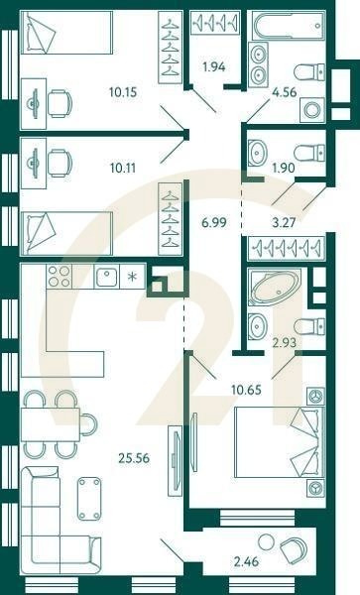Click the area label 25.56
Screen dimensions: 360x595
(x=134, y=458)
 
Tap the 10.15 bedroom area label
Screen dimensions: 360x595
(x=123, y=92)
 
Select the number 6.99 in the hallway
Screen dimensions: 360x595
(x=214, y=222)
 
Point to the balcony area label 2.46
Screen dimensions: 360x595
(x=247, y=561)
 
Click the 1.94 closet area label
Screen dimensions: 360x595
(x=214, y=66)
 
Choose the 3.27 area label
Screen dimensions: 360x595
(x=284, y=222)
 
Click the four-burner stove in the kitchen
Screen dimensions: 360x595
(x=59, y=276)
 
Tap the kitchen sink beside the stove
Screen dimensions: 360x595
(x=107, y=277)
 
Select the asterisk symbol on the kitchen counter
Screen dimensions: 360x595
(x=132, y=277)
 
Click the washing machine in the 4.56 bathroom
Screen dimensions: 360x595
(x=312, y=110)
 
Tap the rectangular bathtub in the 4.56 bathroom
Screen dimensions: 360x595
(x=288, y=26)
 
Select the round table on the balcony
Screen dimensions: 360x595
(x=268, y=541)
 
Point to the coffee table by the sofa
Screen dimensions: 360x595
(x=89, y=499)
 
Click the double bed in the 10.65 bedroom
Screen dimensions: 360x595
(x=280, y=442)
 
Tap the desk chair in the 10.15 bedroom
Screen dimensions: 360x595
(x=60, y=103)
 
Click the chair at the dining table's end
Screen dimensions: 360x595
(x=89, y=424)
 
